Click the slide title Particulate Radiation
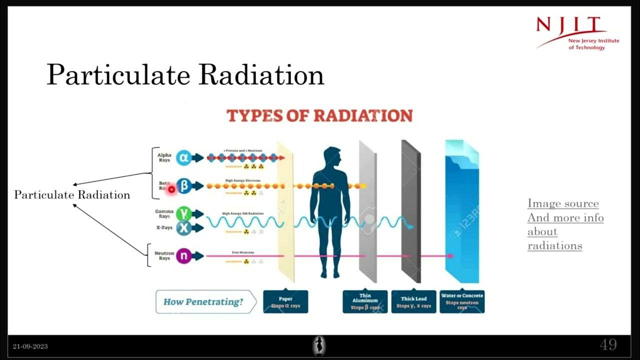pos(185,75)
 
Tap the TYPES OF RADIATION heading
pos(319,115)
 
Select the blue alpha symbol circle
pos(183,157)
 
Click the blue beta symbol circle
pos(184,186)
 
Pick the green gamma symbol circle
pos(183,214)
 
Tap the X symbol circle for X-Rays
pos(183,228)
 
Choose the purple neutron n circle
pos(183,256)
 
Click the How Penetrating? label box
pos(205,301)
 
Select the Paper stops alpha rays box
pos(285,302)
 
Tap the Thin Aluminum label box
pos(365,302)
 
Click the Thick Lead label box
pos(413,302)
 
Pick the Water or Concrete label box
pos(462,302)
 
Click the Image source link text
pos(563,203)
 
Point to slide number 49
pos(608,345)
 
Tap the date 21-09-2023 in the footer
pos(30,346)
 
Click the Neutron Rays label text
pos(164,256)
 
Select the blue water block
pos(462,215)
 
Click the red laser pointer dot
pos(171,189)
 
